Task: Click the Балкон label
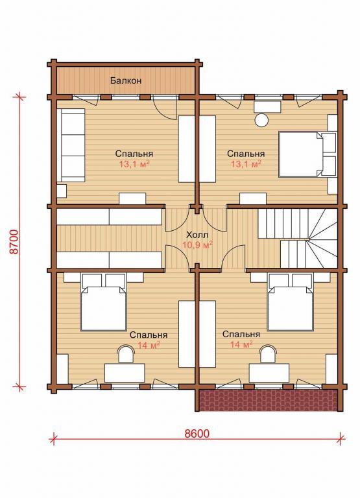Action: [x=126, y=80]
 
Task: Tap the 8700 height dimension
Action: [x=15, y=241]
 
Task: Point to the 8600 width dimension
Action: [x=197, y=433]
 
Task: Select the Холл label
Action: [x=197, y=235]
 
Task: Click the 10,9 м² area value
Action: [x=197, y=245]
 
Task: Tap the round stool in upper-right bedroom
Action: [x=263, y=121]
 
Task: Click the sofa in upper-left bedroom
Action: [x=71, y=145]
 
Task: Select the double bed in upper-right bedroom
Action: [x=307, y=154]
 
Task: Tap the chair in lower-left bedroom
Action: [x=125, y=355]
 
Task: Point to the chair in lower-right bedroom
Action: [x=268, y=355]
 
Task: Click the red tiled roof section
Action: [x=268, y=400]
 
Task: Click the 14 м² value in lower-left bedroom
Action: [x=149, y=345]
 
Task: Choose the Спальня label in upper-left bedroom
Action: [x=134, y=154]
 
